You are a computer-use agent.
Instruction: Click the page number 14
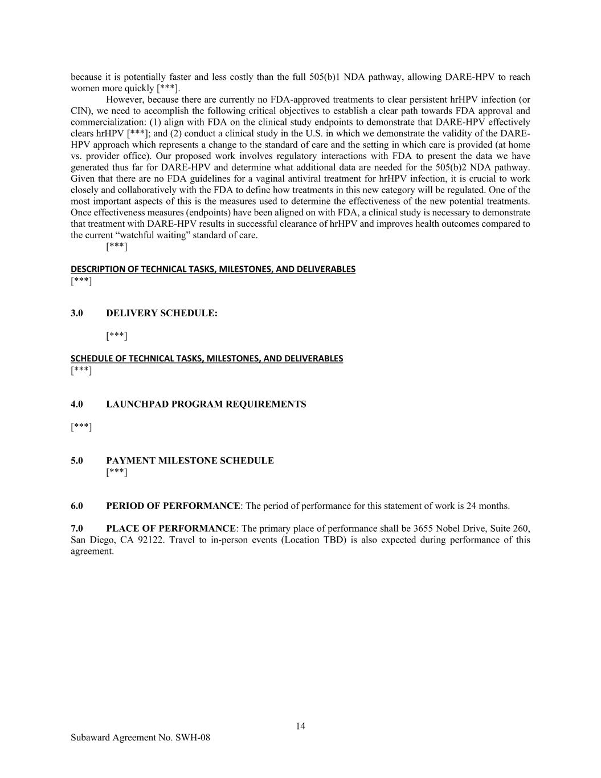click(300, 726)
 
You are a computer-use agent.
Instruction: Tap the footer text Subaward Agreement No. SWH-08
click(140, 738)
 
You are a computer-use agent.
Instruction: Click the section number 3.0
click(77, 313)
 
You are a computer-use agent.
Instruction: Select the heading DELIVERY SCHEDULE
click(161, 313)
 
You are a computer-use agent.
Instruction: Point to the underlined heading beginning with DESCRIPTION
click(212, 269)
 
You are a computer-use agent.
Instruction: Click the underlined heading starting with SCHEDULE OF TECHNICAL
click(206, 359)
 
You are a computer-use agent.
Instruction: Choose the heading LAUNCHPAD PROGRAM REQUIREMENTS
click(206, 404)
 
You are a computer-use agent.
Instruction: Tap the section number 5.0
click(77, 461)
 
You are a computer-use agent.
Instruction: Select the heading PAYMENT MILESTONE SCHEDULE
click(190, 461)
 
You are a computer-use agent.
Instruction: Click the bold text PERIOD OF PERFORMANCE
click(173, 506)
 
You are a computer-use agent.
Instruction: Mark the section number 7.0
click(77, 528)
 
